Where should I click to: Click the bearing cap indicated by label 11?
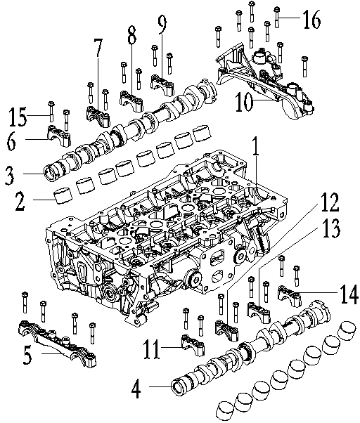(193, 345)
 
